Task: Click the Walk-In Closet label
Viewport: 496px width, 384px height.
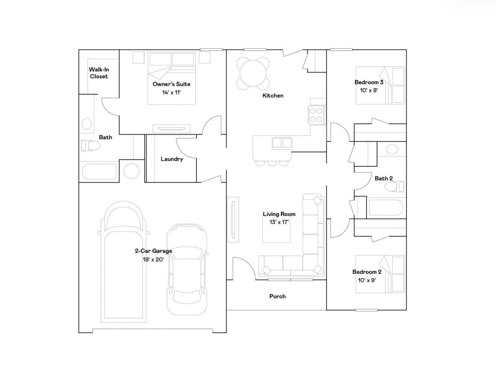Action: [99, 73]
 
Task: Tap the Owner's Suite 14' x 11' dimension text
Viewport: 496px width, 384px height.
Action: [171, 93]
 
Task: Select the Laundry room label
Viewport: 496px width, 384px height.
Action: [172, 159]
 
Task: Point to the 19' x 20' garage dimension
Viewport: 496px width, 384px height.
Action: [153, 259]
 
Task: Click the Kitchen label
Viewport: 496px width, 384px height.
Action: [273, 95]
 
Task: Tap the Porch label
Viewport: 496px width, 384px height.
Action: [277, 296]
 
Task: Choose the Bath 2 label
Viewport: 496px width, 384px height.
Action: [384, 178]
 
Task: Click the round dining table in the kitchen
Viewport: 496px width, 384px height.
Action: [253, 73]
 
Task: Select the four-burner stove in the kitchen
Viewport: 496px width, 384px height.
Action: [316, 115]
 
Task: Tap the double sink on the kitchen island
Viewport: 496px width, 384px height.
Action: [282, 143]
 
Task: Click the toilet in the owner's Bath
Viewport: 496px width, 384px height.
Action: [91, 145]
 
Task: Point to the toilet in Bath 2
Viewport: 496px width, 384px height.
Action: [394, 187]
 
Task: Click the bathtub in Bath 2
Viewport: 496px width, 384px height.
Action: [386, 208]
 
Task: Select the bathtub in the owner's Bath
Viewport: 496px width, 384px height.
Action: [100, 171]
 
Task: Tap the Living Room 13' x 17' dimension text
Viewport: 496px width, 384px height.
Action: [279, 222]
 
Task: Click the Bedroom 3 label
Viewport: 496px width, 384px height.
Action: [369, 82]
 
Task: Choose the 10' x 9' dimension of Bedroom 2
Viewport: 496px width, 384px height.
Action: [367, 280]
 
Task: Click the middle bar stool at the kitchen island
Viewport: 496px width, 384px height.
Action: [272, 163]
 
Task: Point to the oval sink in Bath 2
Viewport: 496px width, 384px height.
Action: [392, 149]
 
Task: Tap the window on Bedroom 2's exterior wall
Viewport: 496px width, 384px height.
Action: [366, 310]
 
